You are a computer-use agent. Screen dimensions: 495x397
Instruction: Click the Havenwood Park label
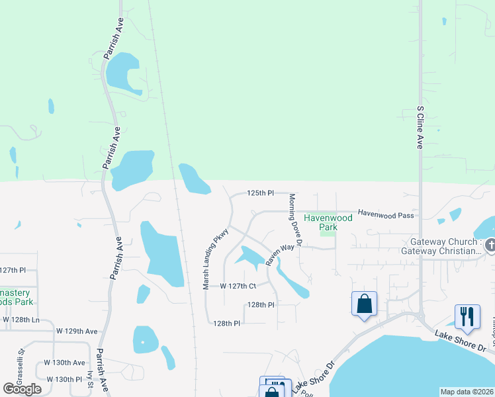click(x=319, y=222)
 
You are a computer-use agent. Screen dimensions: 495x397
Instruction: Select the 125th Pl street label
click(x=260, y=193)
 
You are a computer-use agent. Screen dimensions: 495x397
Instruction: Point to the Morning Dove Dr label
click(x=294, y=220)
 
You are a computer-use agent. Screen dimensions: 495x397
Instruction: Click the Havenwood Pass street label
click(x=386, y=214)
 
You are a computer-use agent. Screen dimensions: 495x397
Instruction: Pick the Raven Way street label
click(x=279, y=255)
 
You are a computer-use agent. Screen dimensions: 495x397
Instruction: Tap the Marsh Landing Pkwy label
click(x=215, y=259)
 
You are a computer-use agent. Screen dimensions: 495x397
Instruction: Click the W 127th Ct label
click(x=228, y=286)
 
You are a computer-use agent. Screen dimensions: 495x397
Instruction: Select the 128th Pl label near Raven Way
click(x=260, y=305)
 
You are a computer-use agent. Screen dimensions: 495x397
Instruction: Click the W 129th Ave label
click(x=77, y=331)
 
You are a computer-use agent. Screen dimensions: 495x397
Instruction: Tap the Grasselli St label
click(x=21, y=361)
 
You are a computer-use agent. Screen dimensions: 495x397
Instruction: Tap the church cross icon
click(x=490, y=246)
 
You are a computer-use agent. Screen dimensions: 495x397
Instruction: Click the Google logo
click(x=22, y=389)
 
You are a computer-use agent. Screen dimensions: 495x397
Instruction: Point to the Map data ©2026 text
click(x=467, y=392)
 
